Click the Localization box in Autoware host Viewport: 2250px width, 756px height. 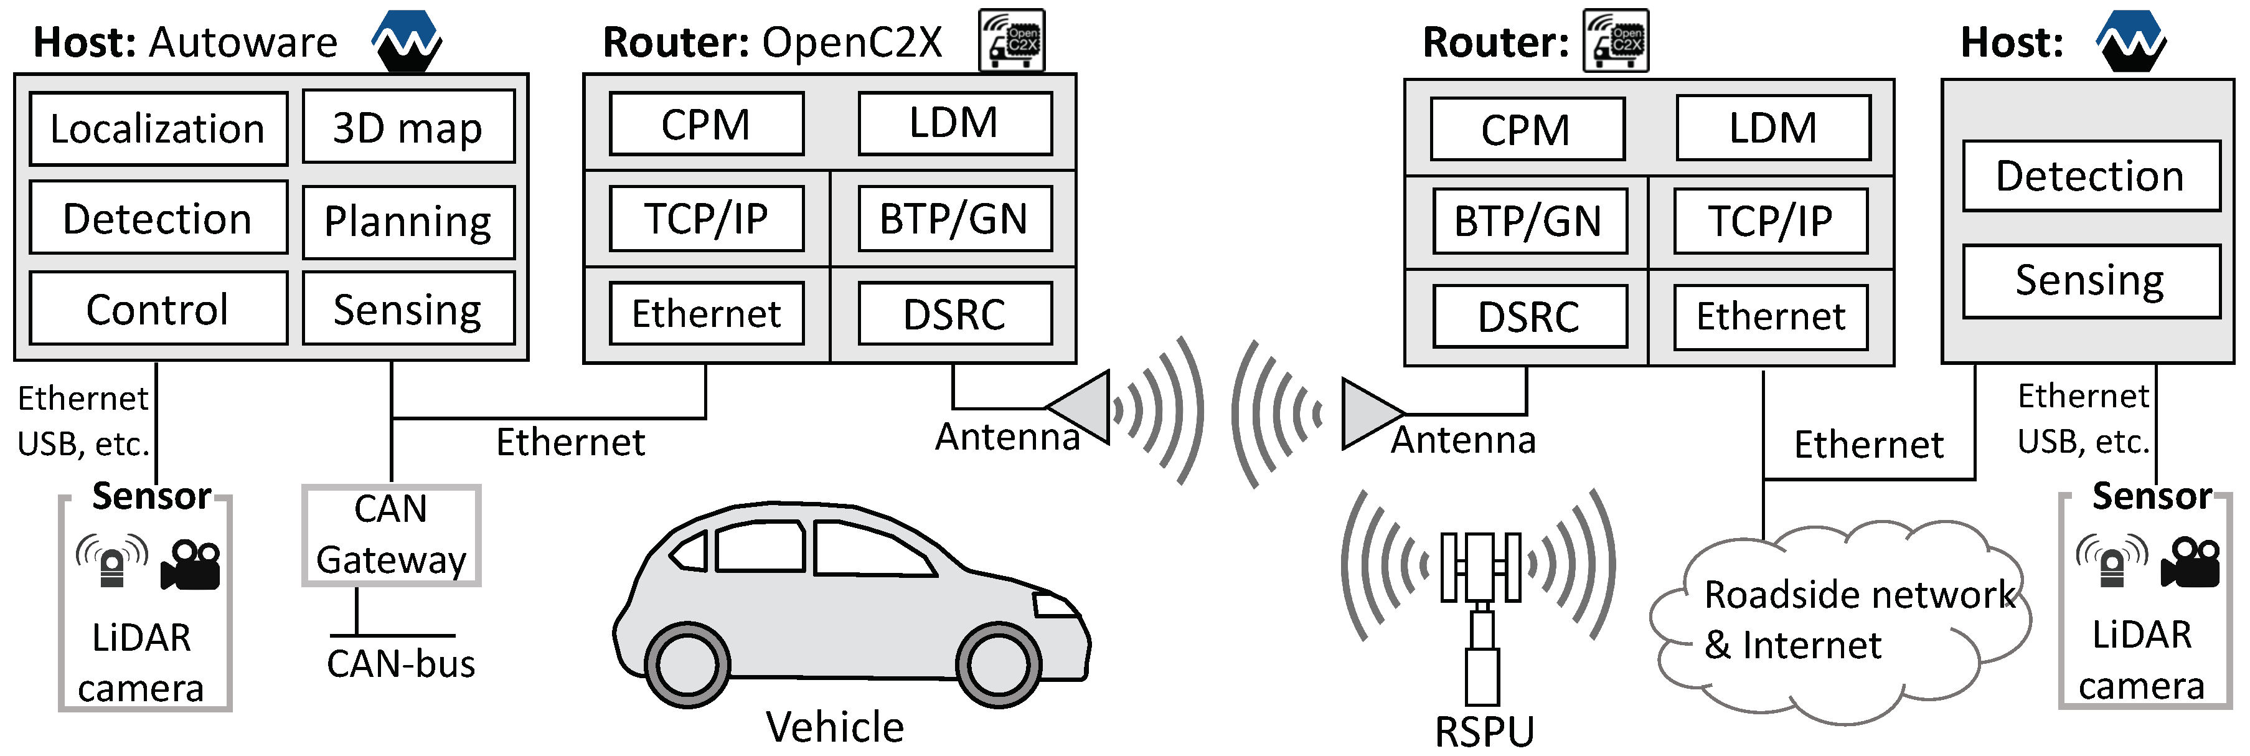158,128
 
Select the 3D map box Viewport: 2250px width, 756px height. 408,128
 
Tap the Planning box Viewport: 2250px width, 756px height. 408,221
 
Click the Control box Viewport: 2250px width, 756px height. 158,308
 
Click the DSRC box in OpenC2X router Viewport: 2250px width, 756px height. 954,314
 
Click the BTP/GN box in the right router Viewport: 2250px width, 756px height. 1528,221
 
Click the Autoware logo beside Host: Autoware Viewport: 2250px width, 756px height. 406,40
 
